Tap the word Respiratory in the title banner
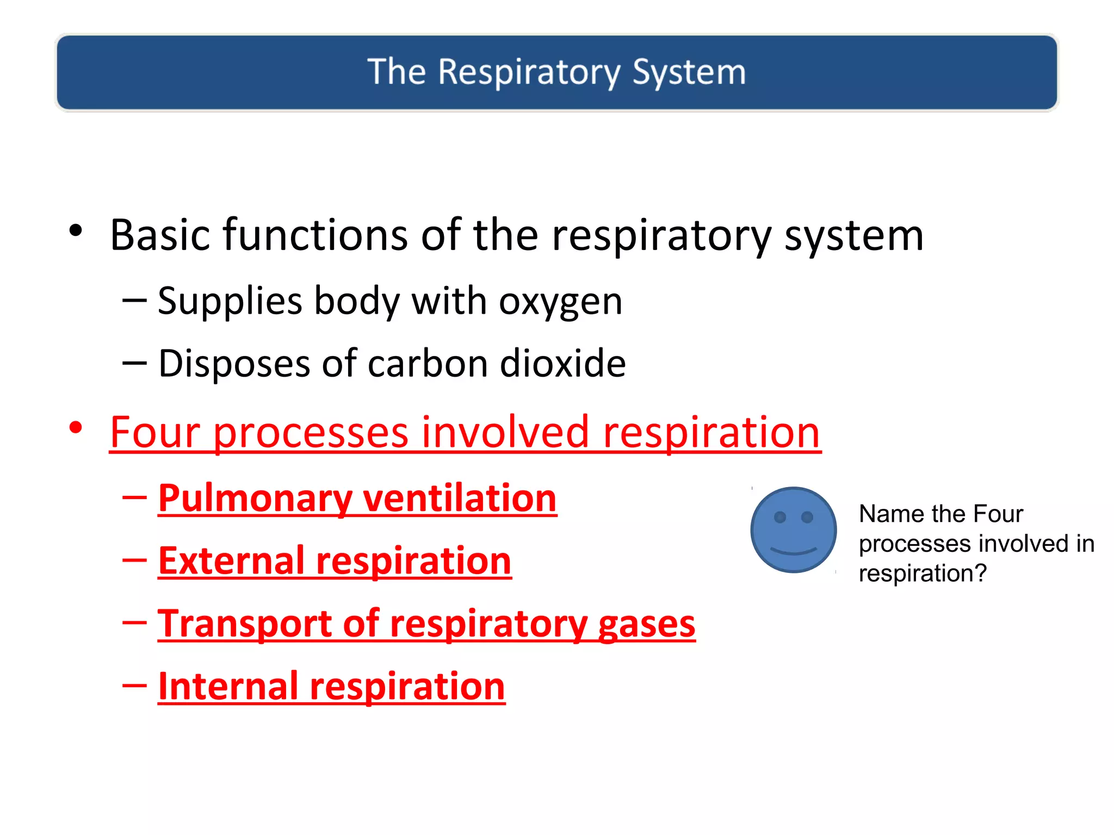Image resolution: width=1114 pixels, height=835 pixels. click(529, 72)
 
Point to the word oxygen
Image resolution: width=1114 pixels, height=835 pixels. click(560, 302)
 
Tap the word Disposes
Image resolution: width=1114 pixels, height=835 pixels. click(234, 364)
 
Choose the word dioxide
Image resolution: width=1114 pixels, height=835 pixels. click(562, 364)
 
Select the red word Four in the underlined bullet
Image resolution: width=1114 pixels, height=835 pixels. click(155, 433)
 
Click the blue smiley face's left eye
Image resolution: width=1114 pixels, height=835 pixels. click(780, 517)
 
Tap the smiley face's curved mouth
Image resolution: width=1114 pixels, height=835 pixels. click(794, 552)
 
